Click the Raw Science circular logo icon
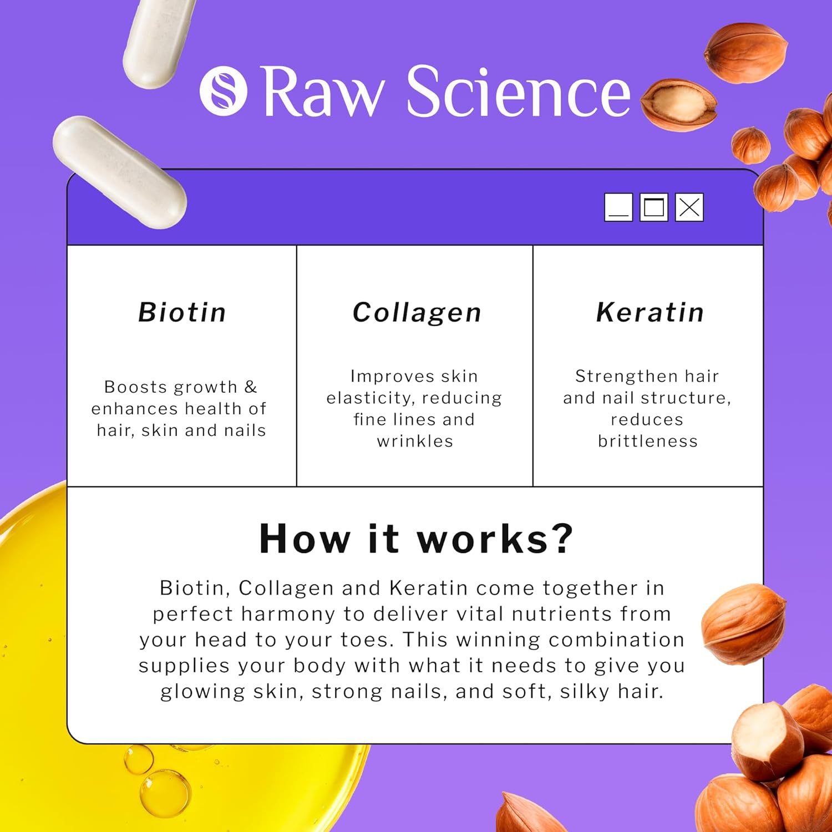[223, 91]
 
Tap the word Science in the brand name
[519, 91]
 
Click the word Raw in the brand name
[323, 92]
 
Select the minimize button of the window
[618, 207]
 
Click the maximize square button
[654, 207]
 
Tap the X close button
[689, 207]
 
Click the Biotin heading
[182, 312]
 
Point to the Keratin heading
[650, 312]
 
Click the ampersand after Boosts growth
[251, 387]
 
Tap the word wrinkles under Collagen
[415, 441]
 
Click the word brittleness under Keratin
[648, 441]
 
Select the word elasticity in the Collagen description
[371, 398]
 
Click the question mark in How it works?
[561, 538]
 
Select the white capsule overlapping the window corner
[119, 172]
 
